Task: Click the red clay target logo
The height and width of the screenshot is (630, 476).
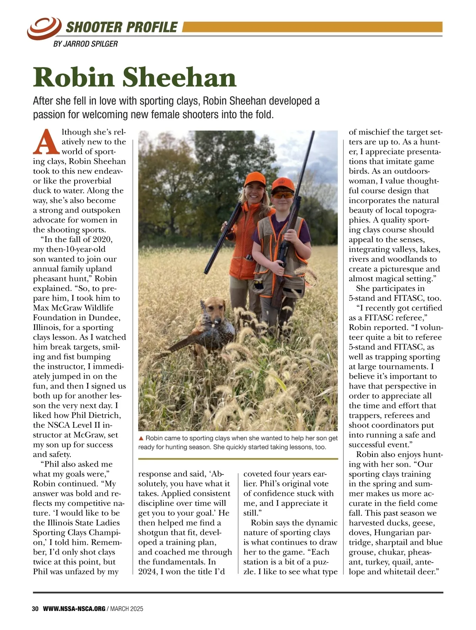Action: tap(44, 28)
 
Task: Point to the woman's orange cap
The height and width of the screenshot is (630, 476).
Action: tap(254, 179)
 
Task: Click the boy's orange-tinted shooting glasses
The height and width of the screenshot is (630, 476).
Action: tap(283, 194)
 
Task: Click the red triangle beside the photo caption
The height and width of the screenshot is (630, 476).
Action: tap(141, 438)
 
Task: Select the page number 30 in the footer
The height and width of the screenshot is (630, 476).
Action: tap(35, 609)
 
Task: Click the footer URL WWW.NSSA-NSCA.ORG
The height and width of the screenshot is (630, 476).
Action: tap(74, 609)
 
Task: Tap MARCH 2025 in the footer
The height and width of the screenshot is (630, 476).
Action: tap(127, 609)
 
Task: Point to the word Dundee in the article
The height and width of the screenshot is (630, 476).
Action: tap(106, 318)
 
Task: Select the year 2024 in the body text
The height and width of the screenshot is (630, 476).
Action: tap(147, 572)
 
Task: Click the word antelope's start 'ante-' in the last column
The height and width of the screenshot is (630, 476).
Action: tap(424, 562)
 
